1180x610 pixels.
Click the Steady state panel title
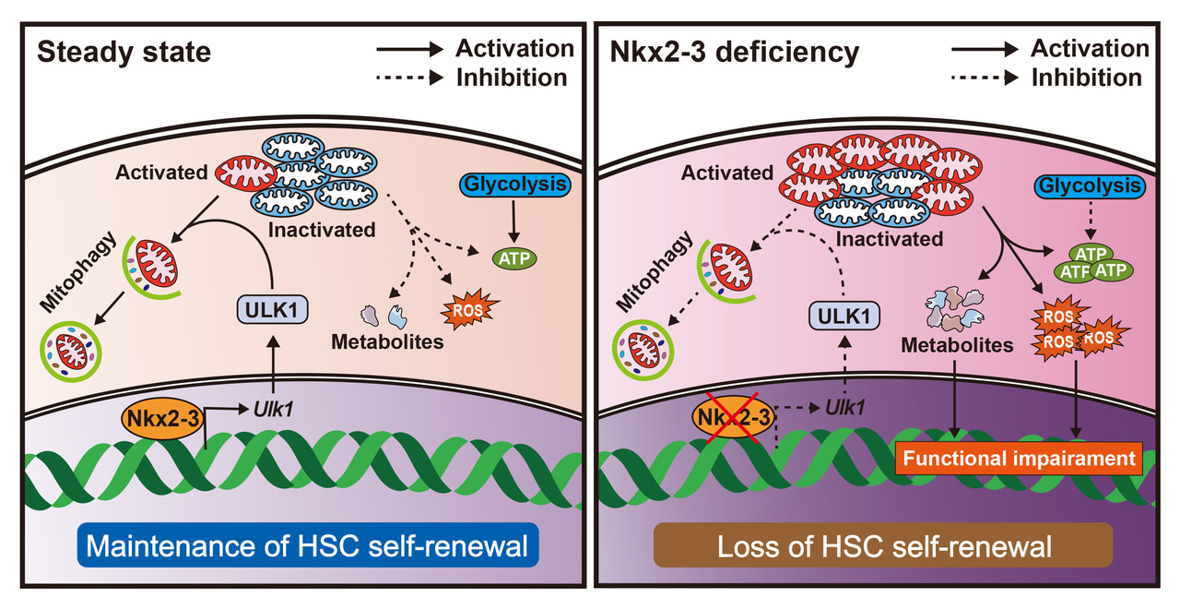(124, 52)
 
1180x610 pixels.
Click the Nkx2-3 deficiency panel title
(735, 52)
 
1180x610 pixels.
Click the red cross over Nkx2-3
(733, 418)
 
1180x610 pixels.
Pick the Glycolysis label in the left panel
(513, 185)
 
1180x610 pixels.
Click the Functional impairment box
(1019, 458)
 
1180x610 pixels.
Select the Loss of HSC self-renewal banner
(883, 546)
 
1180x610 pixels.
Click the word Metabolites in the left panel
(387, 341)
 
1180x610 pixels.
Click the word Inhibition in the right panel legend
(1086, 77)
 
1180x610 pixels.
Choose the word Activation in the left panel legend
(514, 48)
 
